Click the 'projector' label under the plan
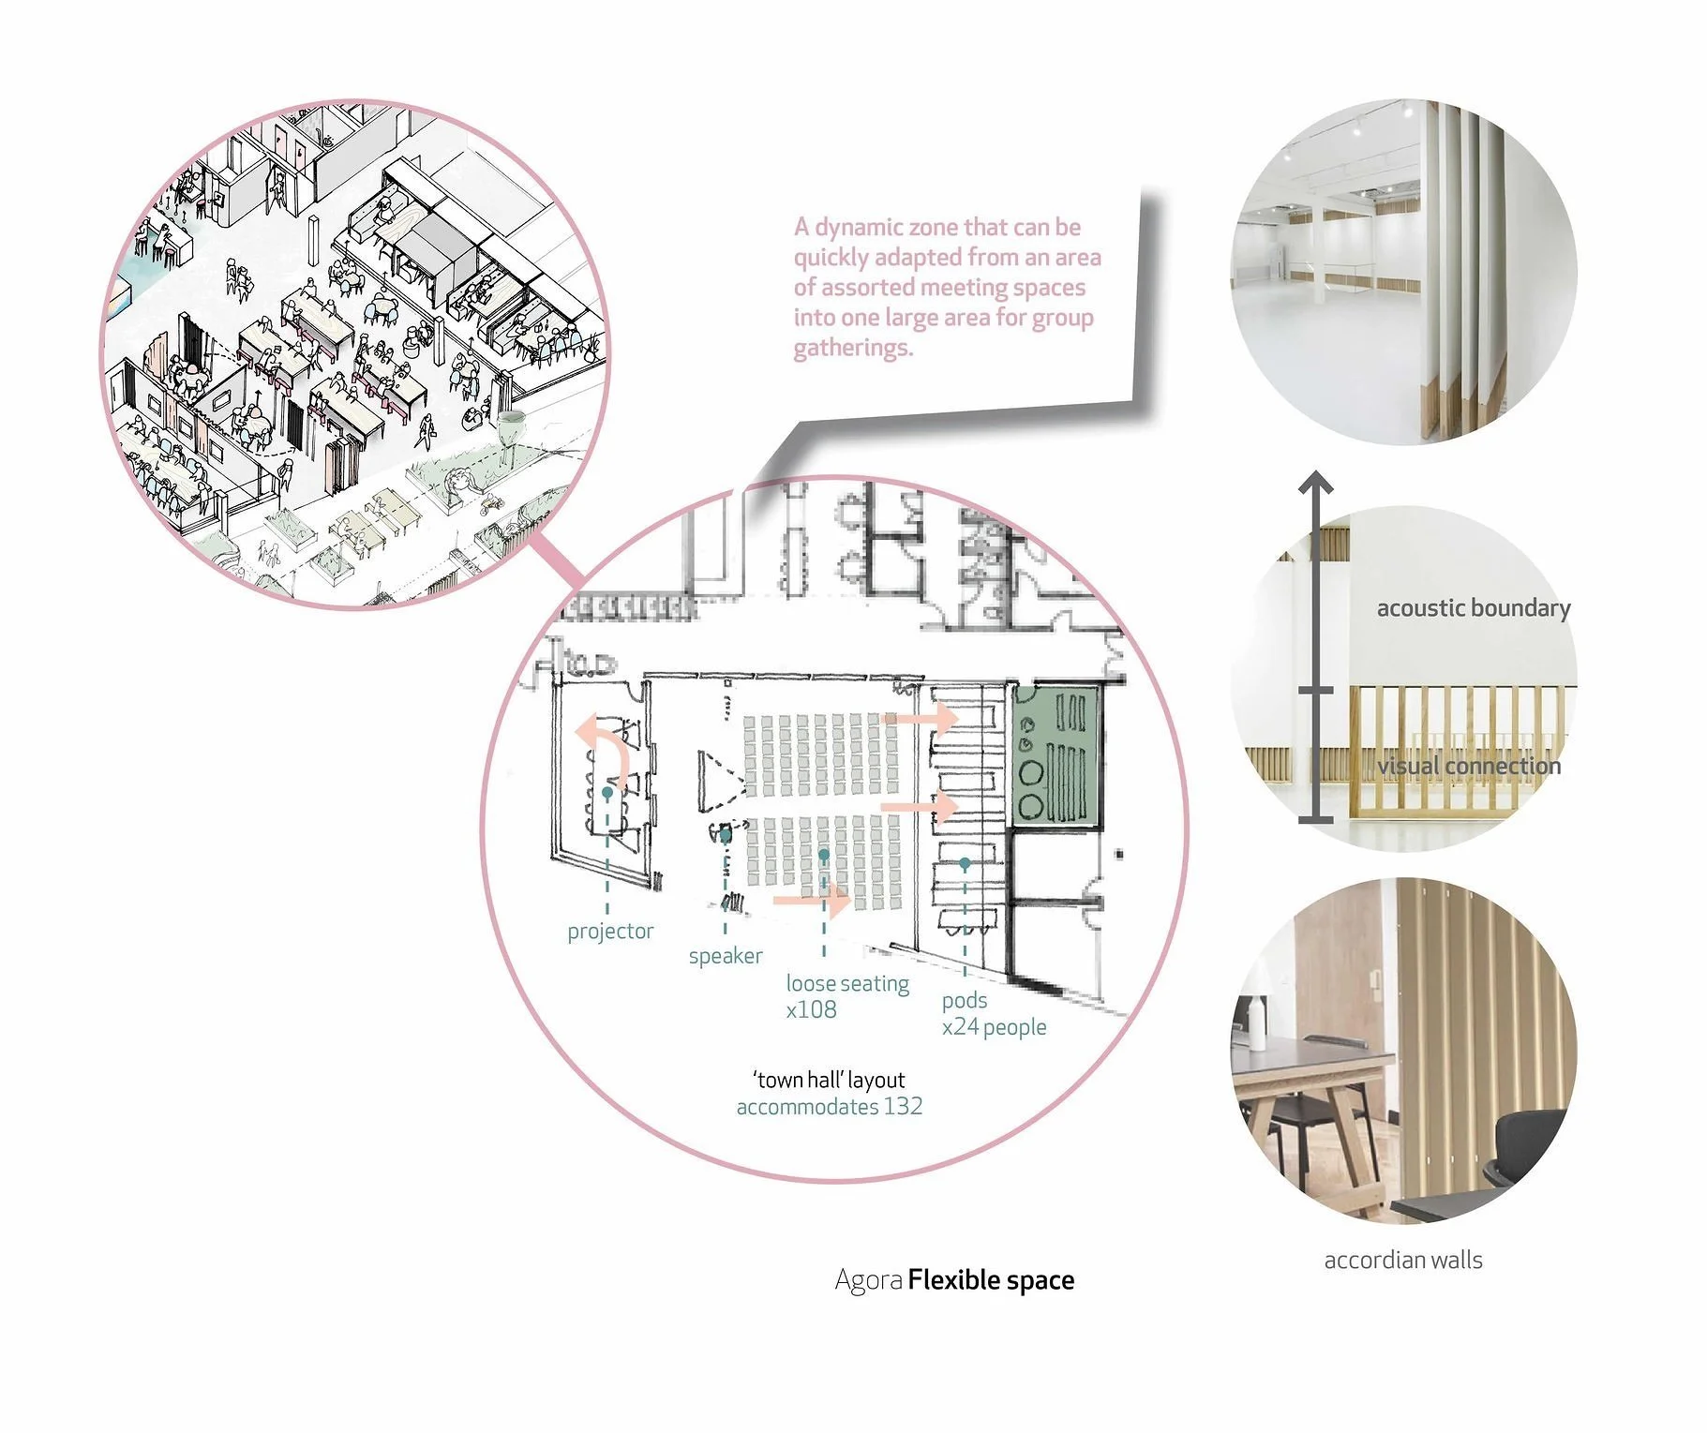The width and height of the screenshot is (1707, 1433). [x=610, y=931]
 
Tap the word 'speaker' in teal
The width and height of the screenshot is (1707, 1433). [x=726, y=956]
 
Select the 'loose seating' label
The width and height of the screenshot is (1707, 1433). [x=847, y=983]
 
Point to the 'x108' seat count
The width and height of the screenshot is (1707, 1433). [x=811, y=1009]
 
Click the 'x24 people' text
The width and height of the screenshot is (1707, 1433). [x=994, y=1027]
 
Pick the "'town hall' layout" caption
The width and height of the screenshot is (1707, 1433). [x=829, y=1080]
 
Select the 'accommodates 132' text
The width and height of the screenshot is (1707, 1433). [x=830, y=1107]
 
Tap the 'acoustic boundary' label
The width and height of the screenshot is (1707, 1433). [x=1473, y=608]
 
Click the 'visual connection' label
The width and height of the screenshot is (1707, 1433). [x=1469, y=766]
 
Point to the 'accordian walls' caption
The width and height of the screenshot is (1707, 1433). [x=1403, y=1261]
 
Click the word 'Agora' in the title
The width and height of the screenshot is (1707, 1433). [x=868, y=1280]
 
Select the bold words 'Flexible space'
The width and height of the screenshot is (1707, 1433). [x=991, y=1280]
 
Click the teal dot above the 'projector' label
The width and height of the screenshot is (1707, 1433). [x=607, y=793]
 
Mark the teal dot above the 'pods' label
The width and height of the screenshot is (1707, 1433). [x=965, y=863]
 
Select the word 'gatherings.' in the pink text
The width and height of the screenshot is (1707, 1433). [x=852, y=348]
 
